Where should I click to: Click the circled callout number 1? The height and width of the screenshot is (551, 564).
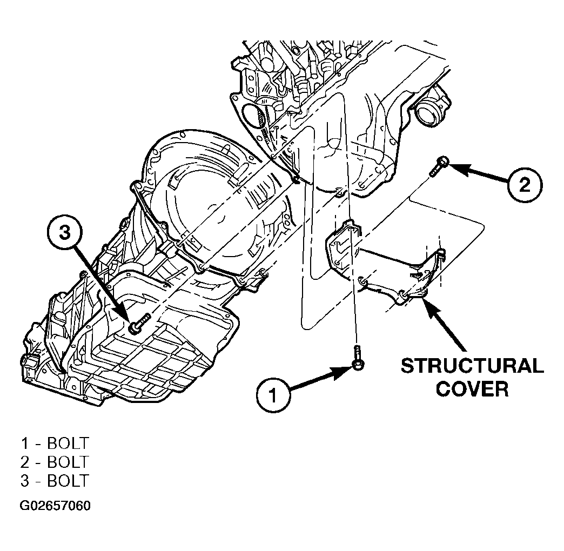(273, 396)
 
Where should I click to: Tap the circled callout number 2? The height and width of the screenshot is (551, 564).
(525, 185)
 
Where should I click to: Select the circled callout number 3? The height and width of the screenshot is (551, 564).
(65, 233)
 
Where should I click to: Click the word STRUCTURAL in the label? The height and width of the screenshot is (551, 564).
(472, 366)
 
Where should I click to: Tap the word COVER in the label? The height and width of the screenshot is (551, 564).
(472, 388)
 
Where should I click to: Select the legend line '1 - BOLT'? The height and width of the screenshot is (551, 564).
(55, 443)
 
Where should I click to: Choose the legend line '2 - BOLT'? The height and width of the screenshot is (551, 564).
(55, 462)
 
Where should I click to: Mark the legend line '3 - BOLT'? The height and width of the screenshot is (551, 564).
(55, 481)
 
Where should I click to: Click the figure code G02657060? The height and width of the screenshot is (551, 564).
(55, 506)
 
